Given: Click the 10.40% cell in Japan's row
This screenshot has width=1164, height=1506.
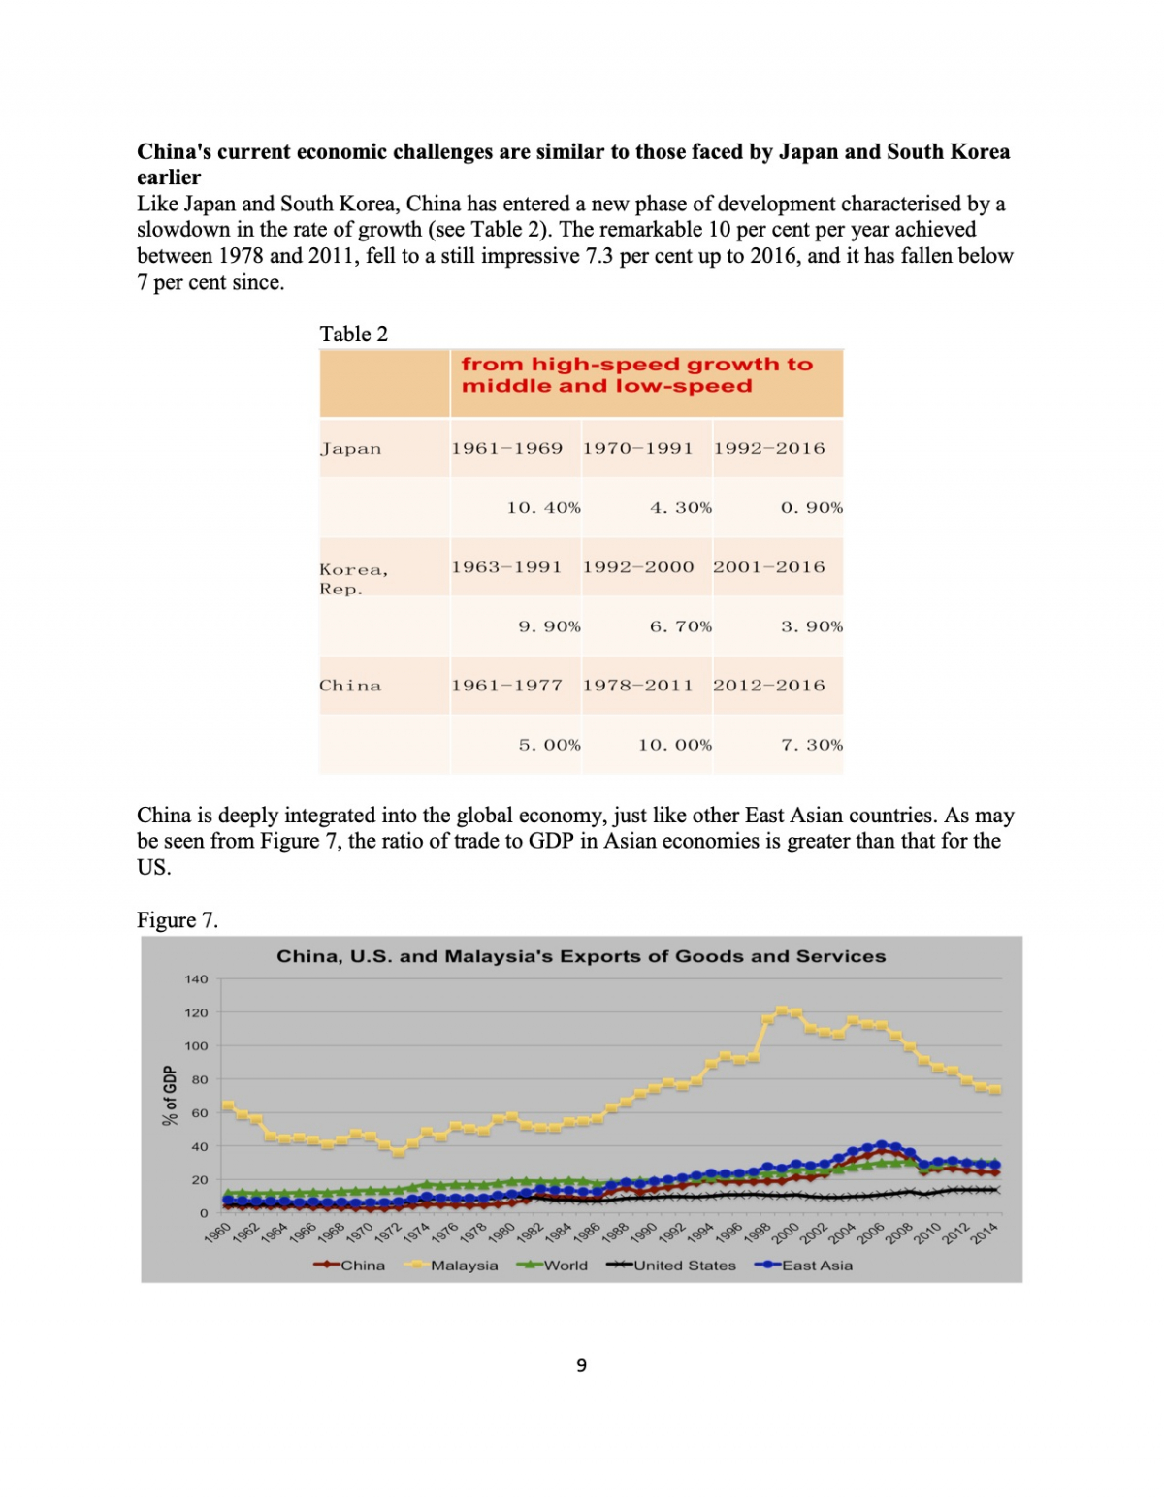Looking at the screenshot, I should tap(543, 508).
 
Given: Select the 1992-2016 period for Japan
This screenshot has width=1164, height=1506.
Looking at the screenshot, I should tap(769, 449).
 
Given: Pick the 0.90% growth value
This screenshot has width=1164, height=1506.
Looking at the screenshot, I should tap(811, 508).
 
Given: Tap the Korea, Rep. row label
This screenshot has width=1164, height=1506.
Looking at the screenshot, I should tap(354, 579).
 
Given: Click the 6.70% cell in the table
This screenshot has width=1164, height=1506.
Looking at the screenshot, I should tap(680, 627).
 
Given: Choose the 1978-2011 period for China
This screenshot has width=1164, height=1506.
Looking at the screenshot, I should tap(637, 686).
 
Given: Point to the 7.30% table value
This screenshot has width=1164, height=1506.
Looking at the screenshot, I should tap(811, 746).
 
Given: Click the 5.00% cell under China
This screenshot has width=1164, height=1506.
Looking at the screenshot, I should tap(549, 746).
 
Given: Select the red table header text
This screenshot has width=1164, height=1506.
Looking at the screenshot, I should tap(636, 375).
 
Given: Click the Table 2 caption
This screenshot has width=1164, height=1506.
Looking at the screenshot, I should tap(354, 335).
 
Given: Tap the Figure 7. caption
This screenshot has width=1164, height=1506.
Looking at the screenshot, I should tap(178, 920).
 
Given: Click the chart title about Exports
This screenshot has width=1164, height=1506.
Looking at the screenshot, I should tap(581, 957).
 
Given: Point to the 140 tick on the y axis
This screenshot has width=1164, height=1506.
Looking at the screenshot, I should tap(196, 979).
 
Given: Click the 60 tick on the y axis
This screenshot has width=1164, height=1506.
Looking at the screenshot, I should tap(199, 1113).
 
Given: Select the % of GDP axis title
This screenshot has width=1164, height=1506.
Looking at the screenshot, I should tap(171, 1096).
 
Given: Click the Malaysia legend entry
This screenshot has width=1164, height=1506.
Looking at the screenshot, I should tap(463, 1266).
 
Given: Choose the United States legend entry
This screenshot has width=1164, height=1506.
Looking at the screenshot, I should tap(684, 1266).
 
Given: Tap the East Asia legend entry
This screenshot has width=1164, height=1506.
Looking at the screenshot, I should tap(816, 1266).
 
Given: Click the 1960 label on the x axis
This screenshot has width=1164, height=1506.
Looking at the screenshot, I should tap(218, 1233).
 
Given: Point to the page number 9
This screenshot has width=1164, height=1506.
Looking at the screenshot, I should tap(581, 1365).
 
